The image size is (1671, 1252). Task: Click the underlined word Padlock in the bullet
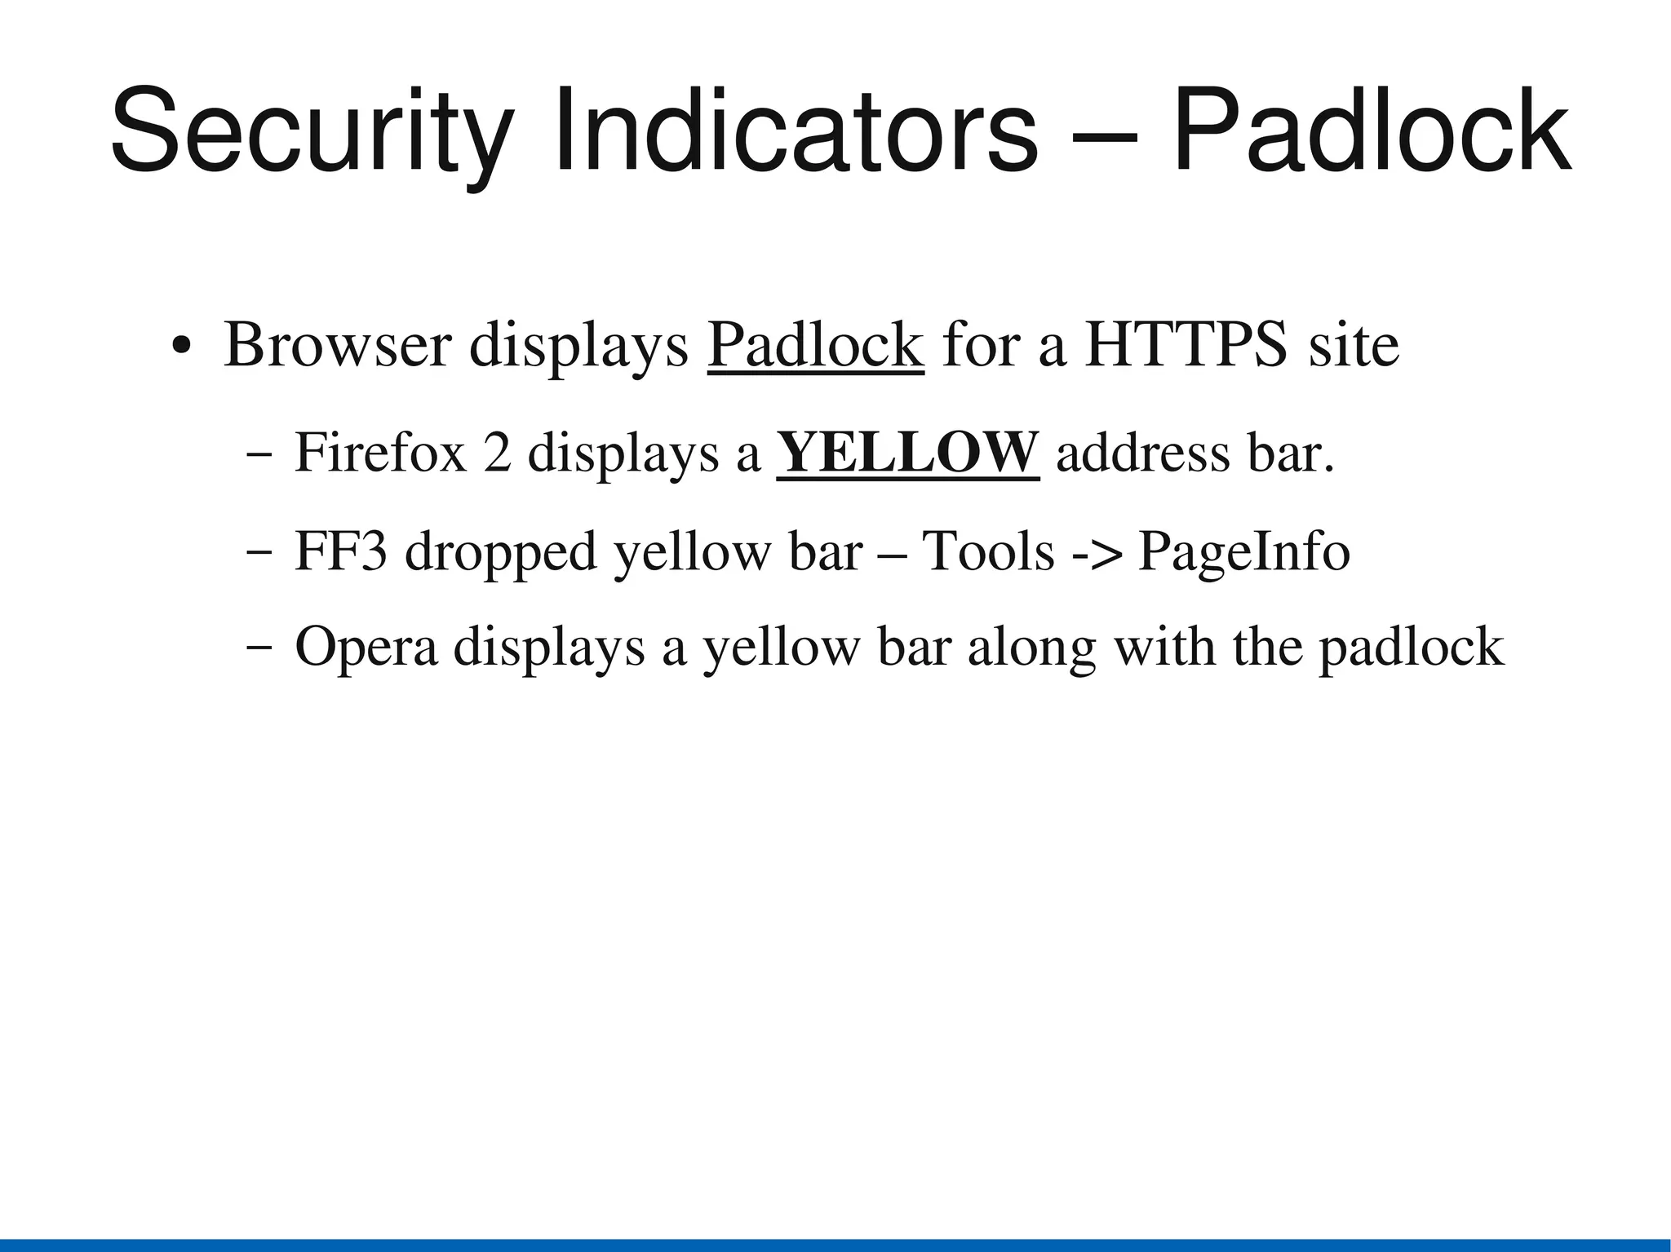pyautogui.click(x=815, y=346)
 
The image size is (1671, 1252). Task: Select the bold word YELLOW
pyautogui.click(x=907, y=453)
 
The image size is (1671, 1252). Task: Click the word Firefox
pyautogui.click(x=380, y=453)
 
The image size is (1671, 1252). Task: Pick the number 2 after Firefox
pyautogui.click(x=497, y=453)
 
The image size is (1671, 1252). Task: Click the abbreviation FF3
pyautogui.click(x=340, y=552)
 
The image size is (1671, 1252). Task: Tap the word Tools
pyautogui.click(x=988, y=552)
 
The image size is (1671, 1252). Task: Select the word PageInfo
pyautogui.click(x=1243, y=552)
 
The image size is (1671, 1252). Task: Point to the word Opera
pyautogui.click(x=366, y=648)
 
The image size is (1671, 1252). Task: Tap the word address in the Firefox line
pyautogui.click(x=1142, y=453)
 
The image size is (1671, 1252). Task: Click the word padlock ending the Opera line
pyautogui.click(x=1412, y=648)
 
